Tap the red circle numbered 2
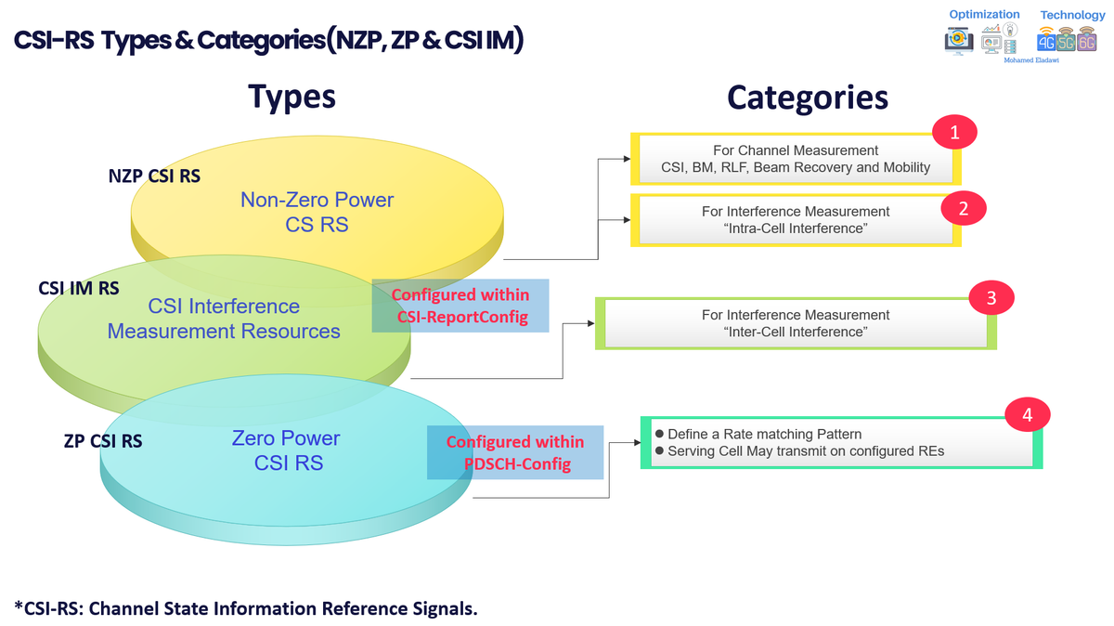pos(964,208)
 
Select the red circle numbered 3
pos(991,298)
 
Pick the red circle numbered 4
pos(1028,414)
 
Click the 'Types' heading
pos(291,96)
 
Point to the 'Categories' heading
pos(807,98)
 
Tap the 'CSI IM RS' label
pos(79,289)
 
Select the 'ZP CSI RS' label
pos(103,441)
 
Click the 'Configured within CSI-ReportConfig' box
pos(460,306)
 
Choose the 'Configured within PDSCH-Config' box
pos(515,452)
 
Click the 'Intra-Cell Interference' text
pos(796,228)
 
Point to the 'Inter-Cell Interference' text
pos(796,332)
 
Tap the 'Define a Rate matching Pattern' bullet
pos(764,434)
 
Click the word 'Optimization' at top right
pos(984,14)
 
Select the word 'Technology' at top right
pos(1072,15)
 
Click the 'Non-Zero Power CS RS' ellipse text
pos(317,212)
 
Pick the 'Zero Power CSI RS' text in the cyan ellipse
pos(287,450)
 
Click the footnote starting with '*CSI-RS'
pos(246,608)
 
